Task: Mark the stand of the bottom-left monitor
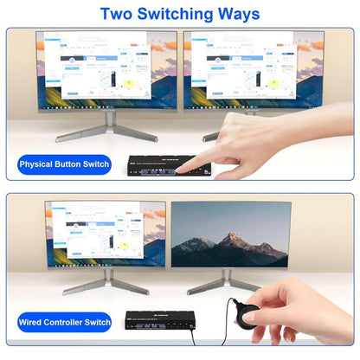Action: (x=107, y=280)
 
